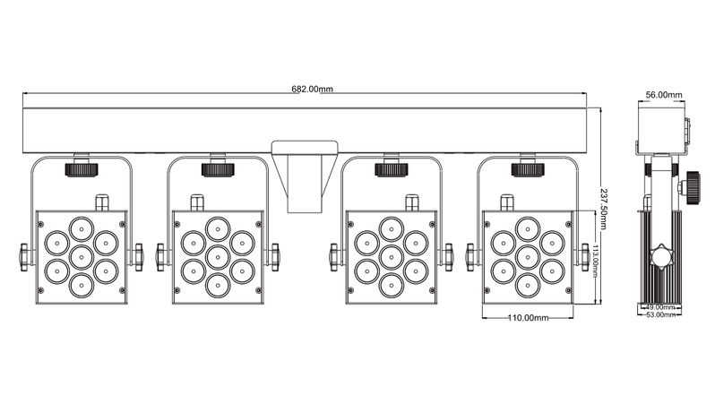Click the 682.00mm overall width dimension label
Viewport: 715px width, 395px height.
(313, 89)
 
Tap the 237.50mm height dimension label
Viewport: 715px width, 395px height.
(604, 209)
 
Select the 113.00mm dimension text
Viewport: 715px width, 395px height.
(596, 262)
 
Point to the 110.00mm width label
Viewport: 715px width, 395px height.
(528, 318)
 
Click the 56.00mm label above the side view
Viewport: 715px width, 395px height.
(664, 95)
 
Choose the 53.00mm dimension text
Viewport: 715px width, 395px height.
(660, 314)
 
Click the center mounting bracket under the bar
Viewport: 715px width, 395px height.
(305, 176)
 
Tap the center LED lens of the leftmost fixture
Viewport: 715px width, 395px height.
(82, 257)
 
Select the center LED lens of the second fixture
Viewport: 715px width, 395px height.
(218, 257)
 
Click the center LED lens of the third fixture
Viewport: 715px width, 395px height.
(392, 257)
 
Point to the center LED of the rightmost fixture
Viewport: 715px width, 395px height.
(528, 257)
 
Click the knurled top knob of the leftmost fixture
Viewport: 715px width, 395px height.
(82, 169)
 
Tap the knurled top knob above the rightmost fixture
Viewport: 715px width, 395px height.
(528, 169)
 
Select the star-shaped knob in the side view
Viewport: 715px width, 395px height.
(663, 257)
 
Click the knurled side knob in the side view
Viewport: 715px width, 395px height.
(693, 187)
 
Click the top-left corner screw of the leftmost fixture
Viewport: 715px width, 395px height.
(41, 224)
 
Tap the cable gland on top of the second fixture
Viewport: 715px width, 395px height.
(196, 202)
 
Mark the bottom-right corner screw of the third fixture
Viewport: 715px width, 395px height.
(432, 290)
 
